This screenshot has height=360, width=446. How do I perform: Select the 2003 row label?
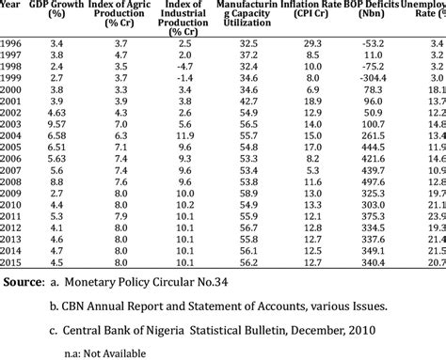pyautogui.click(x=12, y=124)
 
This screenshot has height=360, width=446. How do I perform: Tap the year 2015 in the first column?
pyautogui.click(x=12, y=262)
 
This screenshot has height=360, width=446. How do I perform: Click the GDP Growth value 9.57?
pyautogui.click(x=56, y=124)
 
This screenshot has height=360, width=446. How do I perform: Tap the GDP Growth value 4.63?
pyautogui.click(x=56, y=113)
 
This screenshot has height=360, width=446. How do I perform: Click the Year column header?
pyautogui.click(x=12, y=5)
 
